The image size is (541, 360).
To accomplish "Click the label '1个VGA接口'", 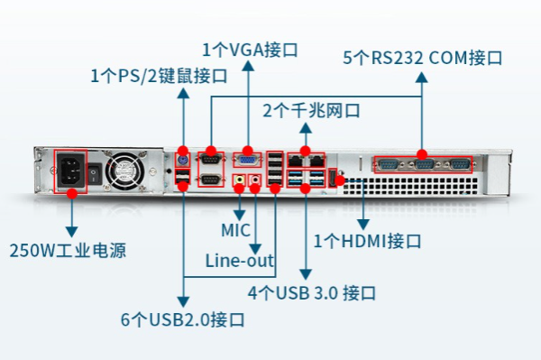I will click(x=250, y=49).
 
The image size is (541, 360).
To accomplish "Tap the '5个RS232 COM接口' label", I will click(x=423, y=58).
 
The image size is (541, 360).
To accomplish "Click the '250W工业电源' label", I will click(x=69, y=249).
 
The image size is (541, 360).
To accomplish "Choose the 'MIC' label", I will click(x=235, y=230).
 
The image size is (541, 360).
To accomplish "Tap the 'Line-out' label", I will click(x=239, y=262).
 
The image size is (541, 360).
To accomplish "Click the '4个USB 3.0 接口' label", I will click(x=312, y=293).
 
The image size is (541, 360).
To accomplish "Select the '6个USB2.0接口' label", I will click(x=184, y=319).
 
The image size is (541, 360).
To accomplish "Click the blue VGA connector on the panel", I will click(x=245, y=160).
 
